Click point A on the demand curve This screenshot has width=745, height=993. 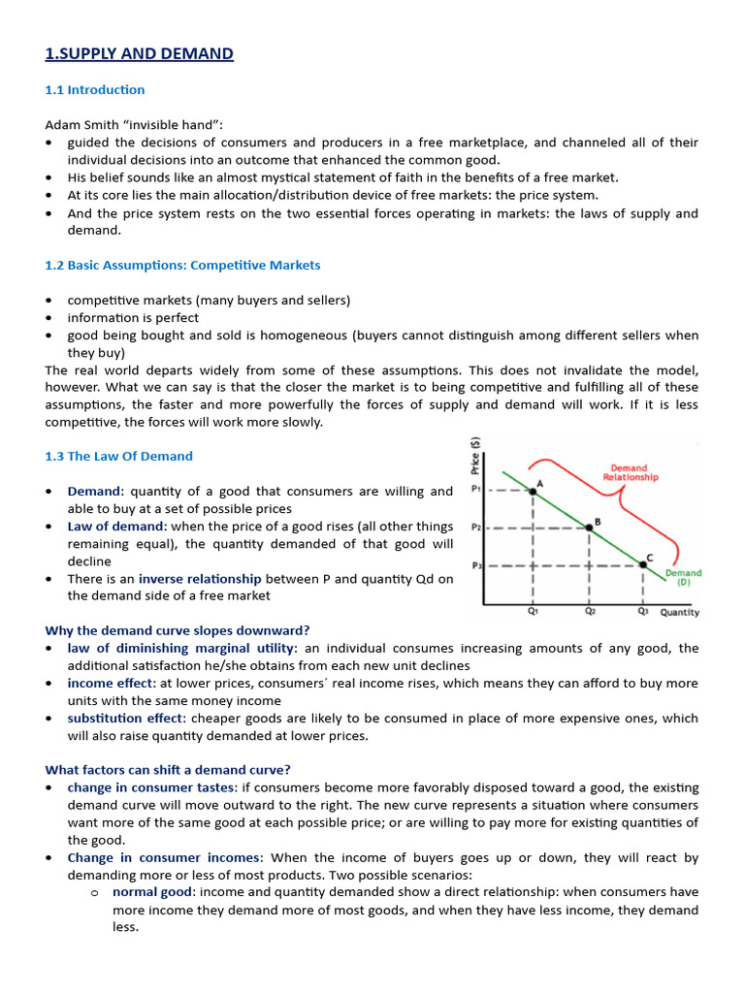tap(533, 492)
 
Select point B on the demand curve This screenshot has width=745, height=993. tap(589, 529)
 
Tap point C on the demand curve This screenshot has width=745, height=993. tap(643, 564)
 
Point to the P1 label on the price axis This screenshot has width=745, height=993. tap(476, 490)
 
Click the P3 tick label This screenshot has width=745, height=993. tap(476, 564)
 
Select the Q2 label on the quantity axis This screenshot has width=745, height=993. tap(589, 612)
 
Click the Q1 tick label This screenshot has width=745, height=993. tap(533, 612)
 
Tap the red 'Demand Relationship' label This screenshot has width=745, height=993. tap(630, 471)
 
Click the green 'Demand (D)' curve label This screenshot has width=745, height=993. tap(683, 578)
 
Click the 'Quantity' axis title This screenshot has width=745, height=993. tap(679, 613)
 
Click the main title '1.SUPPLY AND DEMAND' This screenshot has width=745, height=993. tap(139, 53)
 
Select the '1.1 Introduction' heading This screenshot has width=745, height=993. tap(94, 90)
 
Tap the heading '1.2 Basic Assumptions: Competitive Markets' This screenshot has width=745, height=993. tap(182, 265)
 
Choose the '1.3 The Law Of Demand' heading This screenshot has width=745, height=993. tap(118, 456)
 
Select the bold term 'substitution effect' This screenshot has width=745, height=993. tap(124, 719)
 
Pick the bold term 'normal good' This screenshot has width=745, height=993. tap(151, 893)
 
